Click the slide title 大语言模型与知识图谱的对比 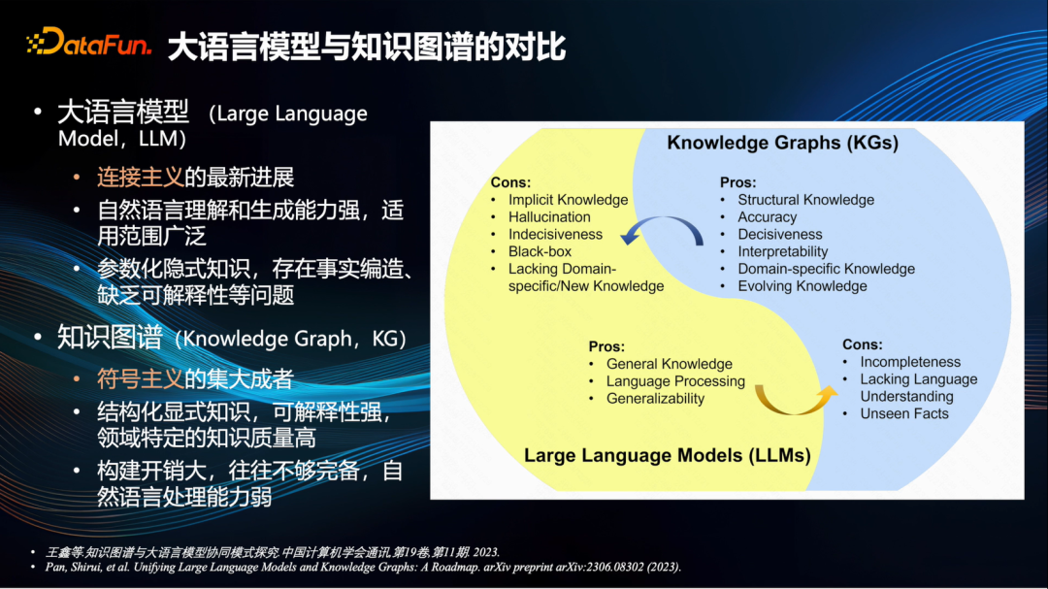click(x=366, y=47)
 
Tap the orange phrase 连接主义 click(x=140, y=178)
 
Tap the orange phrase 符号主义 click(x=140, y=379)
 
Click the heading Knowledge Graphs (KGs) click(x=783, y=143)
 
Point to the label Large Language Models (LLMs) click(x=667, y=455)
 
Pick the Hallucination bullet click(x=549, y=217)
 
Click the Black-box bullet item click(x=540, y=252)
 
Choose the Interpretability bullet click(x=783, y=252)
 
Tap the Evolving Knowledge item click(x=802, y=286)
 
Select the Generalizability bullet click(x=655, y=399)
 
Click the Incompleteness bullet click(x=910, y=362)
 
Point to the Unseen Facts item click(x=904, y=413)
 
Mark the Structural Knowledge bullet click(x=806, y=200)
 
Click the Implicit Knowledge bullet click(x=568, y=200)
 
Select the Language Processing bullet click(x=675, y=381)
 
